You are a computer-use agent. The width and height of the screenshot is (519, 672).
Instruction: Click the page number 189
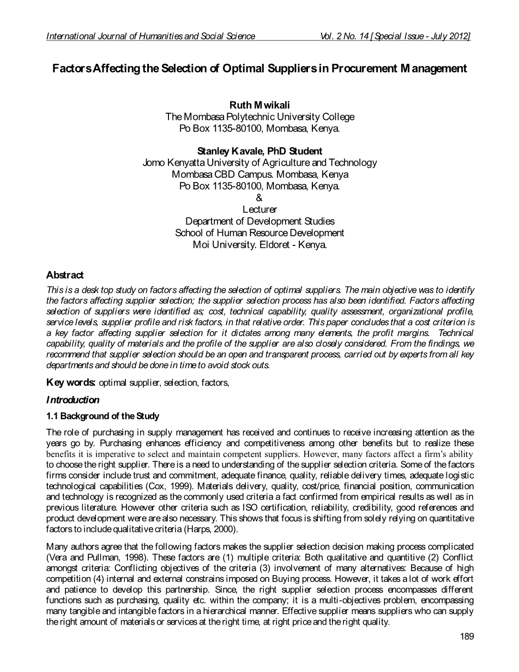click(x=467, y=636)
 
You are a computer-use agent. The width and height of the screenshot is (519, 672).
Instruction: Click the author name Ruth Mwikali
click(x=259, y=105)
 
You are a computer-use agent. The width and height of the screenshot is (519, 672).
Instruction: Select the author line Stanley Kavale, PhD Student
click(x=259, y=151)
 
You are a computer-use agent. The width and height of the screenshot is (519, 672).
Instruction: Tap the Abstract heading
click(x=65, y=275)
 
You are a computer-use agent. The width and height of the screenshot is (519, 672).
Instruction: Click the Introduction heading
click(x=73, y=400)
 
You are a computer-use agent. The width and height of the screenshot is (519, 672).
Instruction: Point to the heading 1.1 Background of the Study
click(x=102, y=416)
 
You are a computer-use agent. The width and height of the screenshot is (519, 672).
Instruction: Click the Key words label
click(x=71, y=382)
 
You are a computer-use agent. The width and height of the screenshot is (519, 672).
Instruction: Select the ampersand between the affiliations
click(x=259, y=198)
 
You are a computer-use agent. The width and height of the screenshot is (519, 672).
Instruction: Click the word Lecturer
click(x=259, y=209)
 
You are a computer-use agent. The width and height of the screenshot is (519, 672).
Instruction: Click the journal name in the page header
click(x=150, y=37)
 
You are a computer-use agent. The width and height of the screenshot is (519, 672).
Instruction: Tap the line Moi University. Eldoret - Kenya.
click(x=259, y=245)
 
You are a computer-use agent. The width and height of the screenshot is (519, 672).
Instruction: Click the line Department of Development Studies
click(x=259, y=221)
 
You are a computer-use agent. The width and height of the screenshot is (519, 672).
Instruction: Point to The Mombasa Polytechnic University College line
click(x=259, y=117)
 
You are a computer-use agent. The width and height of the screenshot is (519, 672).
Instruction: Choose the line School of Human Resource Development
click(x=259, y=233)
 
